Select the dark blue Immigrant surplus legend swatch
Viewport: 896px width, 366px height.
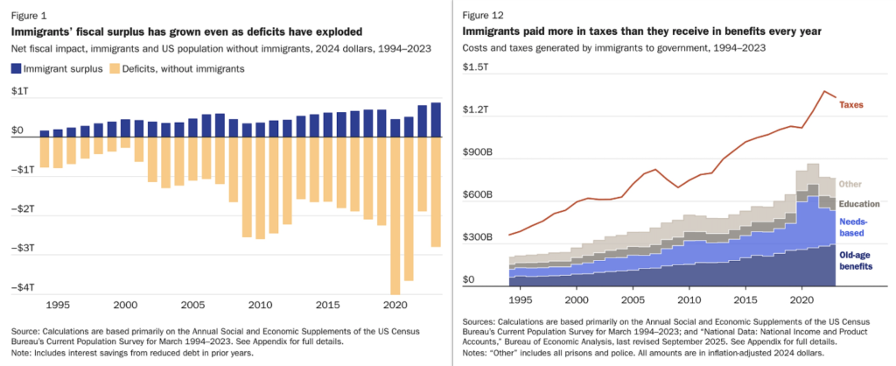[17, 67]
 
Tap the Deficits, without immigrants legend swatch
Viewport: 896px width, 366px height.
[116, 67]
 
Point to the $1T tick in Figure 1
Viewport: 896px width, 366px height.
[19, 91]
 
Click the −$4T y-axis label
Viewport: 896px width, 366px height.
[23, 287]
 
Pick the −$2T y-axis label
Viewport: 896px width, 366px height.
[23, 208]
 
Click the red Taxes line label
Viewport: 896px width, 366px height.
[851, 104]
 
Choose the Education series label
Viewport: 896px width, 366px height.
[858, 204]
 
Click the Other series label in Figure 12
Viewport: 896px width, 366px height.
[850, 184]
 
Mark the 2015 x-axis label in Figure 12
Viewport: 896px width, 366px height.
[744, 299]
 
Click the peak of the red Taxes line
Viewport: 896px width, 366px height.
[823, 90]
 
